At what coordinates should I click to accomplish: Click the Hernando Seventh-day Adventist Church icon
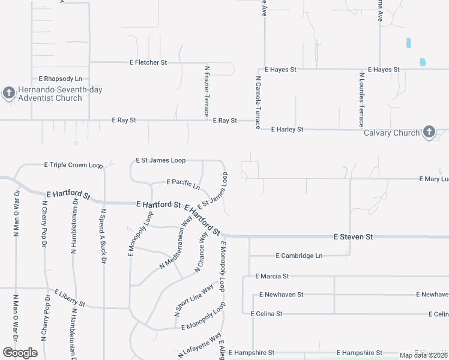point(8,93)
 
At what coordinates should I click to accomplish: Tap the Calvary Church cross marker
point(429,132)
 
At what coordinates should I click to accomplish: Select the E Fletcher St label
point(148,62)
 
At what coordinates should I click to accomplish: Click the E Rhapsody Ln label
point(60,79)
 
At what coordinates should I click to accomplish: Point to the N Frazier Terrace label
point(206,91)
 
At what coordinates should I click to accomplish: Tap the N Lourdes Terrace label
point(361,100)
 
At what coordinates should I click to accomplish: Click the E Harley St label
point(287,129)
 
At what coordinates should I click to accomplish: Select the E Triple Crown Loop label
point(74,164)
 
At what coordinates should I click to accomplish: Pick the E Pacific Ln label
point(183,182)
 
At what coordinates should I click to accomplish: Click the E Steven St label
point(353,237)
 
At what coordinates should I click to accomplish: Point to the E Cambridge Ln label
point(299,256)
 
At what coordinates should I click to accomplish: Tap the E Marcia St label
point(272,276)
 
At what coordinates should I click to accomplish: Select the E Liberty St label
point(70,298)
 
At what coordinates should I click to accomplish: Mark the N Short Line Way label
point(193,300)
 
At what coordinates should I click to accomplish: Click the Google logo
point(20,353)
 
